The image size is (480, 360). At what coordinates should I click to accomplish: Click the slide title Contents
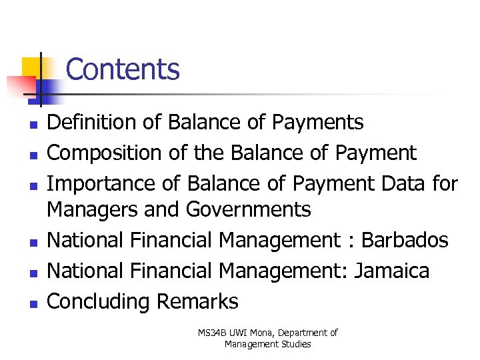[123, 69]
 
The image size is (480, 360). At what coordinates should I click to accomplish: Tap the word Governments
[248, 210]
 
